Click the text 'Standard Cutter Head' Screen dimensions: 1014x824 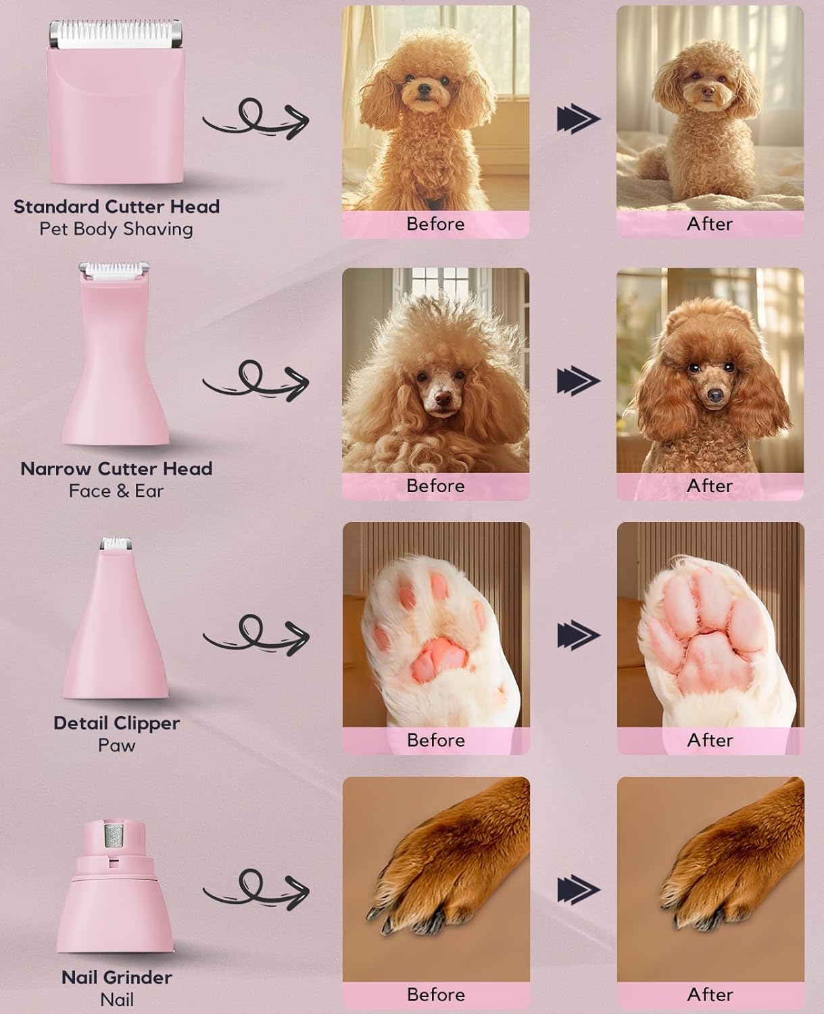116,207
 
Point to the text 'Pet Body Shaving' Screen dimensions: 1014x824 116,229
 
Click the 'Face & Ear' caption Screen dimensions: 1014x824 116,491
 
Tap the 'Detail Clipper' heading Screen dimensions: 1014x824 116,723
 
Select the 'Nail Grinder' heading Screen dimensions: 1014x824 116,977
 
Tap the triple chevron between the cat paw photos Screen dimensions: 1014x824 578,635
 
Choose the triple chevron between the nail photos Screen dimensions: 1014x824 578,890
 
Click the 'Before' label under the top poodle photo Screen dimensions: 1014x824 435,224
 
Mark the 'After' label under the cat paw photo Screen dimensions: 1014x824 710,740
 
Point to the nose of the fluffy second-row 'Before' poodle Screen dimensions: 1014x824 442,398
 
